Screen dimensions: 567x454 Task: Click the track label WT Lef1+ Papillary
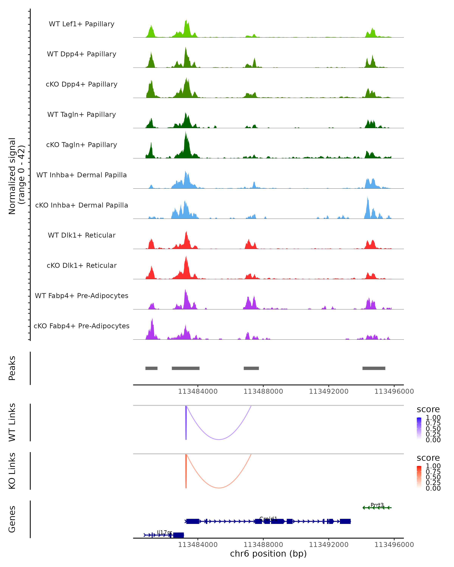coord(82,24)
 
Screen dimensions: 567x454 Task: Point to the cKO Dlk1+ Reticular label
coord(82,265)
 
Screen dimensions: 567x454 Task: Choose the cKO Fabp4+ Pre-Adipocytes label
coord(82,326)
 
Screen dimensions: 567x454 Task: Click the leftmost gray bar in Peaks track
coord(151,368)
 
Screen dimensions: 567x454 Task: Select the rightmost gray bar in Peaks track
coord(374,368)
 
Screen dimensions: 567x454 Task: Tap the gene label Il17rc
coord(164,532)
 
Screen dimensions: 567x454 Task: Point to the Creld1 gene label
coord(268,519)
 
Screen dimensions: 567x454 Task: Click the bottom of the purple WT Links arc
coord(219,439)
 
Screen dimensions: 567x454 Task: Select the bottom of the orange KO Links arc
coord(219,488)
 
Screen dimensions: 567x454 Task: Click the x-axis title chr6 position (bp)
coord(268,554)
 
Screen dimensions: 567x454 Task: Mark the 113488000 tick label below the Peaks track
coord(263,391)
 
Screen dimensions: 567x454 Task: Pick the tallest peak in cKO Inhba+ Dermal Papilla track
coord(368,197)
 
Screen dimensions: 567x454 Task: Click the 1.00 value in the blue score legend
coord(433,418)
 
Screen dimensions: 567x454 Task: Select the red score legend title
coord(428,458)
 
